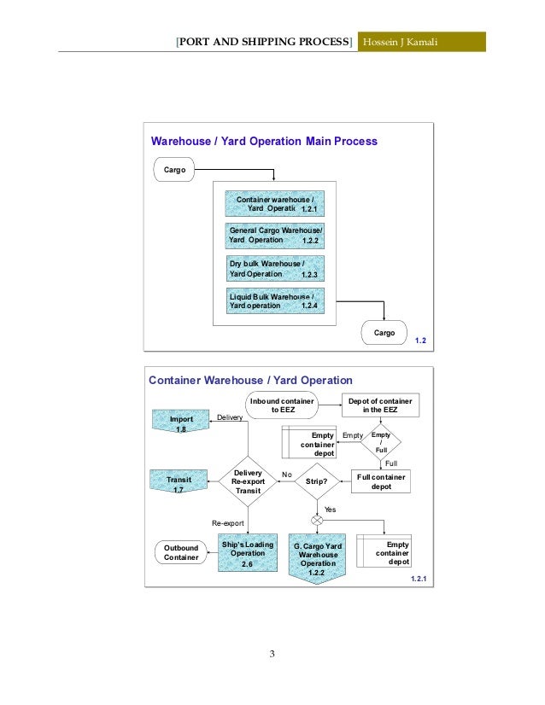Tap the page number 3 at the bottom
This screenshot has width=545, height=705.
click(272, 655)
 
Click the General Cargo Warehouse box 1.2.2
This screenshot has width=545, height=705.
click(275, 235)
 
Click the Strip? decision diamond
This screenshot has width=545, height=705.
click(316, 481)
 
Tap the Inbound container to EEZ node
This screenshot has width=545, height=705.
click(281, 405)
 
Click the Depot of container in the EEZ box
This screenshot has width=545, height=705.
click(381, 405)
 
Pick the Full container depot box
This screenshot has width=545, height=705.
click(381, 481)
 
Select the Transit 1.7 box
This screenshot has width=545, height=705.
click(180, 484)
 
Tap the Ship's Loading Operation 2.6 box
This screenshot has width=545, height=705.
click(247, 553)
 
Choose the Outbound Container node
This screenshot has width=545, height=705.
click(181, 552)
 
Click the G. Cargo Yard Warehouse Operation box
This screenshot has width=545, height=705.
click(317, 559)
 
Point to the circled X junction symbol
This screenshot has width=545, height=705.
click(317, 520)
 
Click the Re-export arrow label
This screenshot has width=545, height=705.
click(228, 521)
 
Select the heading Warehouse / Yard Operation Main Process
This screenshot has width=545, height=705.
click(264, 141)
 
